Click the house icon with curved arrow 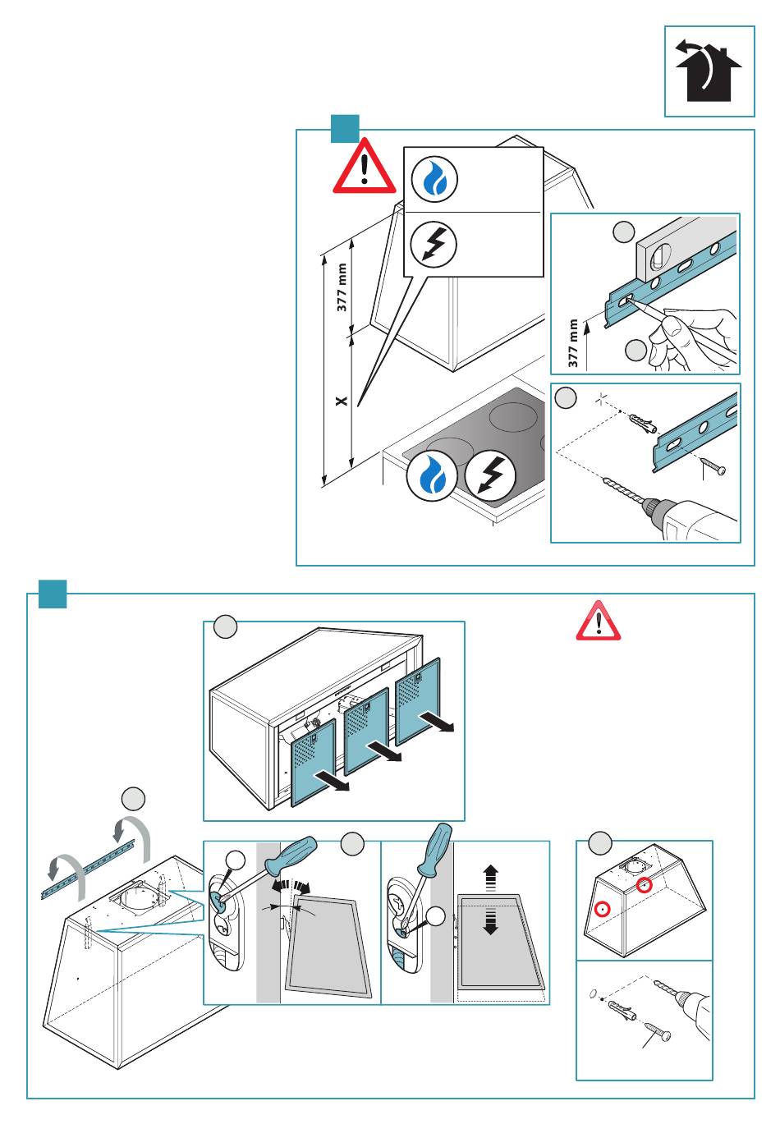tap(709, 71)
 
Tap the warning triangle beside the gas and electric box tap(364, 167)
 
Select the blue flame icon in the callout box tap(434, 180)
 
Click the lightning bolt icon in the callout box tap(434, 243)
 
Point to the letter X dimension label tap(342, 401)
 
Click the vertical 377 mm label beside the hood tap(342, 287)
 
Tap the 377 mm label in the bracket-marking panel tap(573, 342)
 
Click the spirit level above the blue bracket tap(685, 246)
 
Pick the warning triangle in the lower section tap(599, 621)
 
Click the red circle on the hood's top tap(645, 885)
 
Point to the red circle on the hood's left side tap(603, 909)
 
